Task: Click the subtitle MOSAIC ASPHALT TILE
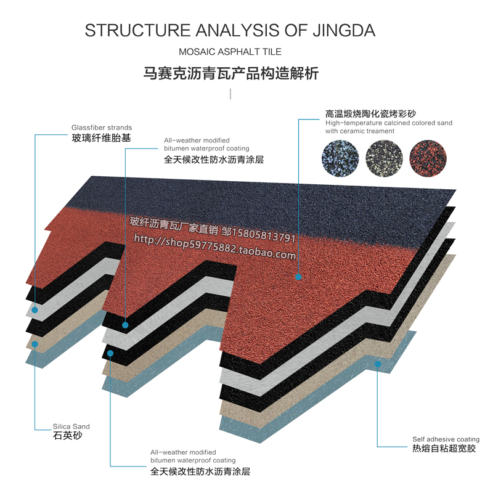click(229, 52)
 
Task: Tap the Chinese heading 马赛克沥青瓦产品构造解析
click(230, 74)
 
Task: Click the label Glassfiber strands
click(102, 128)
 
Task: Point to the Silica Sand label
click(71, 426)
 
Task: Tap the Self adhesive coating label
click(446, 439)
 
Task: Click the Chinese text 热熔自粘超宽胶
click(444, 449)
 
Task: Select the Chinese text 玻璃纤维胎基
click(102, 138)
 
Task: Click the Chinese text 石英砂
click(67, 436)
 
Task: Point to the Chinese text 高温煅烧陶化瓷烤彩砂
click(370, 114)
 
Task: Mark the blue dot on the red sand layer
click(298, 277)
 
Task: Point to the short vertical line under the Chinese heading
click(230, 94)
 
